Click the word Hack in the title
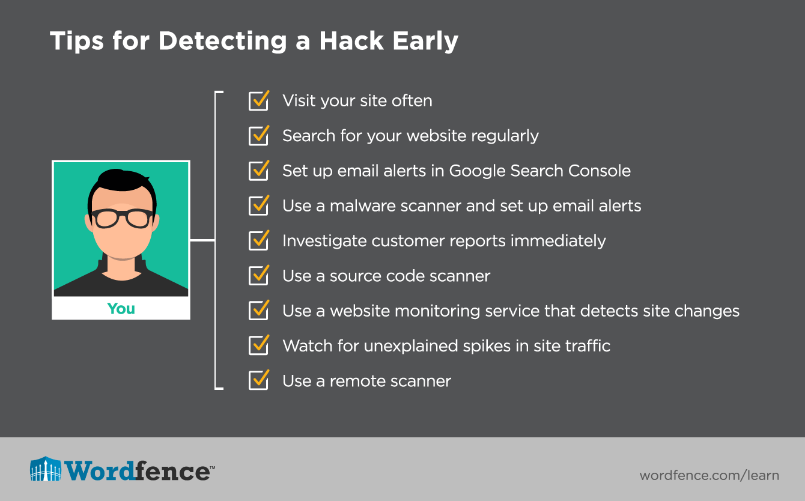pyautogui.click(x=351, y=41)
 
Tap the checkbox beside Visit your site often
pyautogui.click(x=258, y=101)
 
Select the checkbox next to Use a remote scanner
pyautogui.click(x=258, y=380)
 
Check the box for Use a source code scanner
pyautogui.click(x=258, y=276)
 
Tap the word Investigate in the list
pyautogui.click(x=324, y=241)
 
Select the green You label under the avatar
pyautogui.click(x=121, y=309)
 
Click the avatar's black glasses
pyautogui.click(x=122, y=218)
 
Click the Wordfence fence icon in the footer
pyautogui.click(x=46, y=469)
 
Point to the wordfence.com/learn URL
pyautogui.click(x=709, y=476)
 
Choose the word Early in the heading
pyautogui.click(x=425, y=41)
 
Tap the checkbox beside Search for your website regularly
pyautogui.click(x=258, y=136)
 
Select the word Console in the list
pyautogui.click(x=600, y=171)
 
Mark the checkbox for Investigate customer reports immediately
pyautogui.click(x=258, y=241)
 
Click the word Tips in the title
pyautogui.click(x=77, y=41)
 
